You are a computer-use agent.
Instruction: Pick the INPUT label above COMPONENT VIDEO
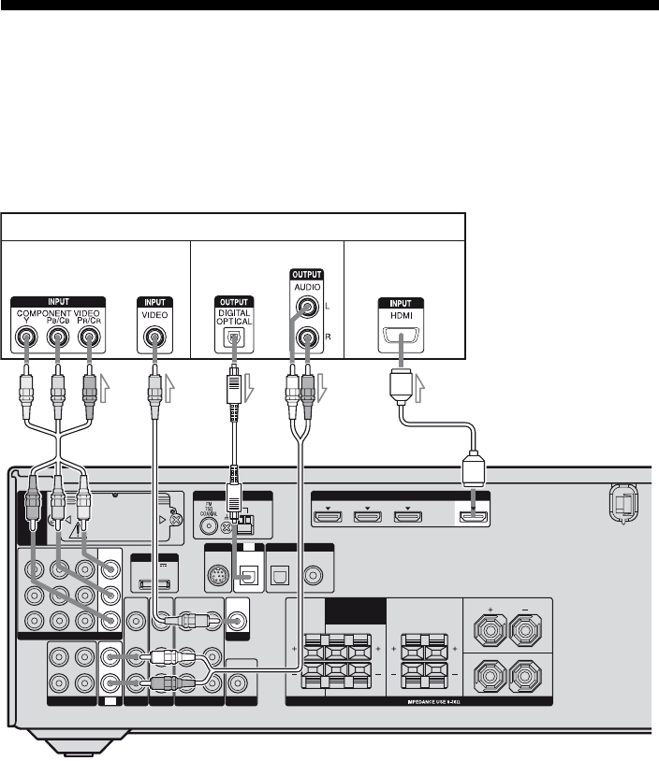[x=57, y=302]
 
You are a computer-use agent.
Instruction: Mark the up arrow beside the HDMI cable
[x=421, y=384]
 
